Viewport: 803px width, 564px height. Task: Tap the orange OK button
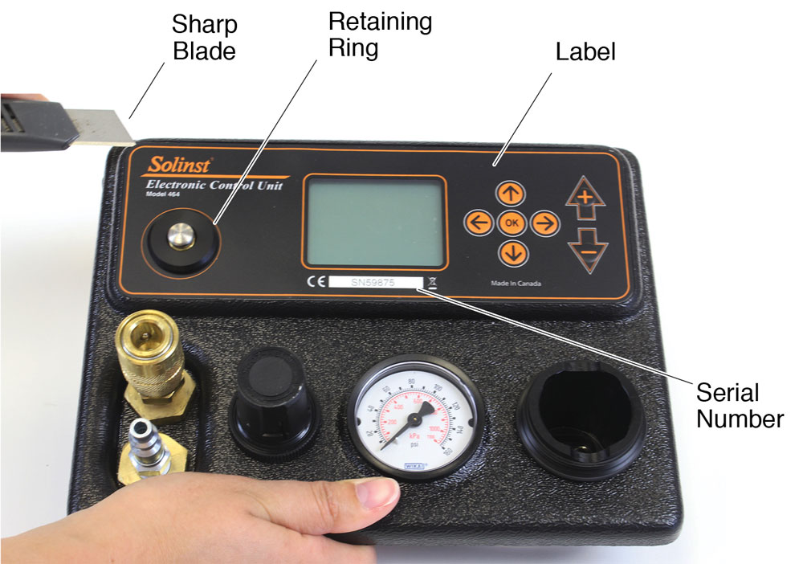point(512,223)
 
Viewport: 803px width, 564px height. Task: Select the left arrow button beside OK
point(479,223)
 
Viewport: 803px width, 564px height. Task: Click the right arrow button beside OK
point(544,223)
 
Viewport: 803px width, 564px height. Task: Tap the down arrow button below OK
point(512,253)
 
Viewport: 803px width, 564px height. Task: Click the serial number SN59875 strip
point(374,282)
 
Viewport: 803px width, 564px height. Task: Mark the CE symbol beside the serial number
point(315,282)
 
